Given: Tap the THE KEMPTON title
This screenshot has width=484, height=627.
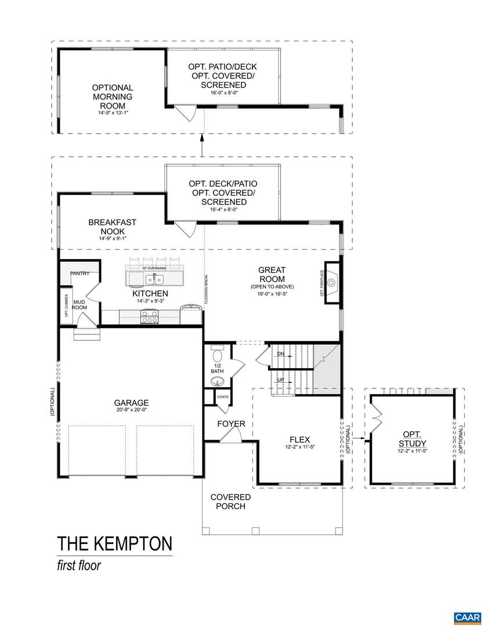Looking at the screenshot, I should coord(114,543).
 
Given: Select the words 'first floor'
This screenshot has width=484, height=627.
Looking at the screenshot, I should coord(79,565).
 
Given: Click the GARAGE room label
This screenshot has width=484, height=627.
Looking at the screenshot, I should coord(131,402).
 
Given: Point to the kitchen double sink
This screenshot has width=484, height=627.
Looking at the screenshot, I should coord(155,280).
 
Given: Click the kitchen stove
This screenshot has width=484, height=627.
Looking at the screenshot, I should coord(149,316).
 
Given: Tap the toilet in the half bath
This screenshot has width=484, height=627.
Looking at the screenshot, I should coord(218,355).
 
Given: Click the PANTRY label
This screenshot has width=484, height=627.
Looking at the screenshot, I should coord(80,273).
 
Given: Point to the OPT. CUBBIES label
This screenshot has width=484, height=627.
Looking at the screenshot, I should coord(66,305).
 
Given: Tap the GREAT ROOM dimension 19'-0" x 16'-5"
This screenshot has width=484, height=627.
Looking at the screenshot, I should coord(272,294).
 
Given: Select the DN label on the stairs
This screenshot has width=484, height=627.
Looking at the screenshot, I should coord(280,354).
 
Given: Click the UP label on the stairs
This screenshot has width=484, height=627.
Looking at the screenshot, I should coord(280,380).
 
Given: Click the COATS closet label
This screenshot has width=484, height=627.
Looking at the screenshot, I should coord(223,397).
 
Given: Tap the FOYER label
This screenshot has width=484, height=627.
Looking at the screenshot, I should coord(231,424).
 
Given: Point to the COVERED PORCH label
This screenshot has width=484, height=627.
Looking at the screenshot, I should coord(230,502).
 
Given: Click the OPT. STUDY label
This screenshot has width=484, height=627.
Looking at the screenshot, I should coord(412,439).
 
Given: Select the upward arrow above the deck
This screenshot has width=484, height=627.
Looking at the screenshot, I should coord(202,139).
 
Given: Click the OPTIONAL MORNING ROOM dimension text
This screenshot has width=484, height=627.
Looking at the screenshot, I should coord(112,113).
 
